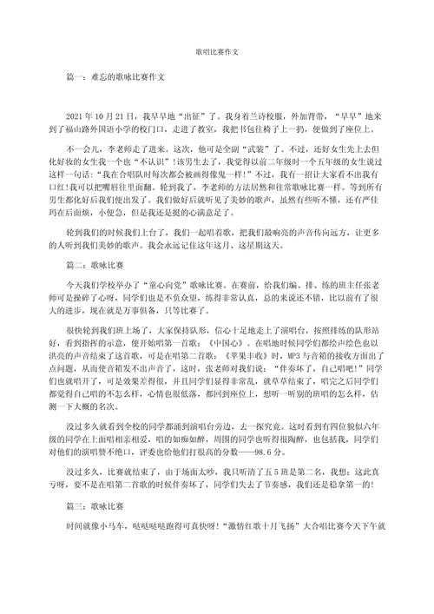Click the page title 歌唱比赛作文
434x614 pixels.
pyautogui.click(x=216, y=51)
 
